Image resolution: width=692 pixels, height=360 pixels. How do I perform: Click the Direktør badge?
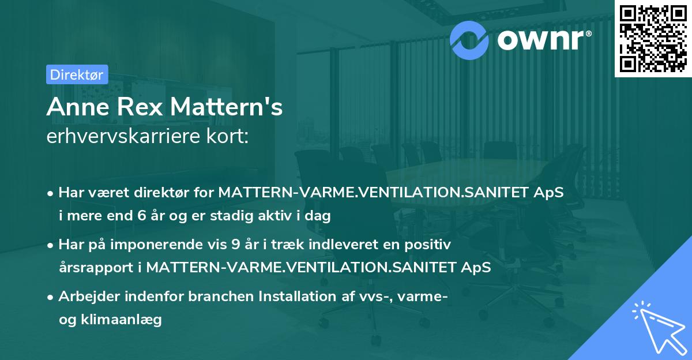76,74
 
